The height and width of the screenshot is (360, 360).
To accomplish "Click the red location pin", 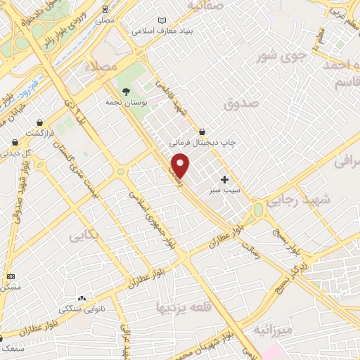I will tap(181, 165).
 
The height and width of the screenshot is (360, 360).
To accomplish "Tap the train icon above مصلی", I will tap(104, 9).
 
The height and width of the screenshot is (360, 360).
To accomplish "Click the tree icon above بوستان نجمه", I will tap(126, 91).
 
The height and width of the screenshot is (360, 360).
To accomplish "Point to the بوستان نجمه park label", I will tap(125, 103).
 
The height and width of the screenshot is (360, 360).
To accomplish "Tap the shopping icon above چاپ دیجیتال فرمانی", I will tap(202, 131).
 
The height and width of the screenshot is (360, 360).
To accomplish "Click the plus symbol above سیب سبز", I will tap(224, 179).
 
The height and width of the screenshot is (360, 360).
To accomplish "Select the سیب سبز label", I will tap(224, 190).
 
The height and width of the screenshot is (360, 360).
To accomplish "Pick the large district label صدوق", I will tap(242, 103).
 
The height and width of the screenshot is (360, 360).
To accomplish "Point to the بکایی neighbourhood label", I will tap(83, 238).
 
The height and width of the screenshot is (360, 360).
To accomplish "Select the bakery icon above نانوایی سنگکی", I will tap(82, 299).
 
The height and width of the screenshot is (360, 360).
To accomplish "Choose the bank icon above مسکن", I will tap(10, 276).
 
